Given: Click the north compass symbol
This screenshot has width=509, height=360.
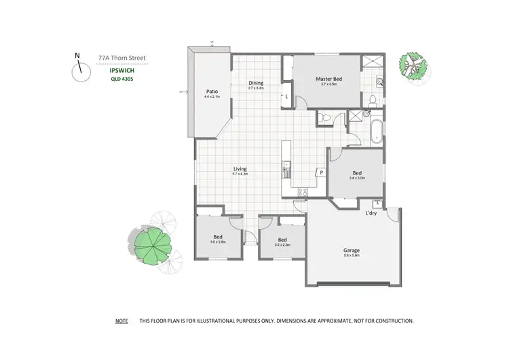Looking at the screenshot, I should tap(79, 67).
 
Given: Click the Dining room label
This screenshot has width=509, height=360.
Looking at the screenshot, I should tap(256, 83).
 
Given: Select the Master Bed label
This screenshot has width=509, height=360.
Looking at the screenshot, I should tap(328, 79).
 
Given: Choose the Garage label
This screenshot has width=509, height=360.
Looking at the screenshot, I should tap(351, 251).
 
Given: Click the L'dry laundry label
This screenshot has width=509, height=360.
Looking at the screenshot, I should tap(371, 214).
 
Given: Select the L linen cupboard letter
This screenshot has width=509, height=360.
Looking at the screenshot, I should tap(287, 97).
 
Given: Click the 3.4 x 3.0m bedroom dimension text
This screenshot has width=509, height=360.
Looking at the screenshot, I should tap(357, 178).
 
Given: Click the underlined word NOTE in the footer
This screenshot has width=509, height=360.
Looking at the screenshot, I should tap(121, 320).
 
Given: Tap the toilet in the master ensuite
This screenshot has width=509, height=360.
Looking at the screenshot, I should tap(372, 101).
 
